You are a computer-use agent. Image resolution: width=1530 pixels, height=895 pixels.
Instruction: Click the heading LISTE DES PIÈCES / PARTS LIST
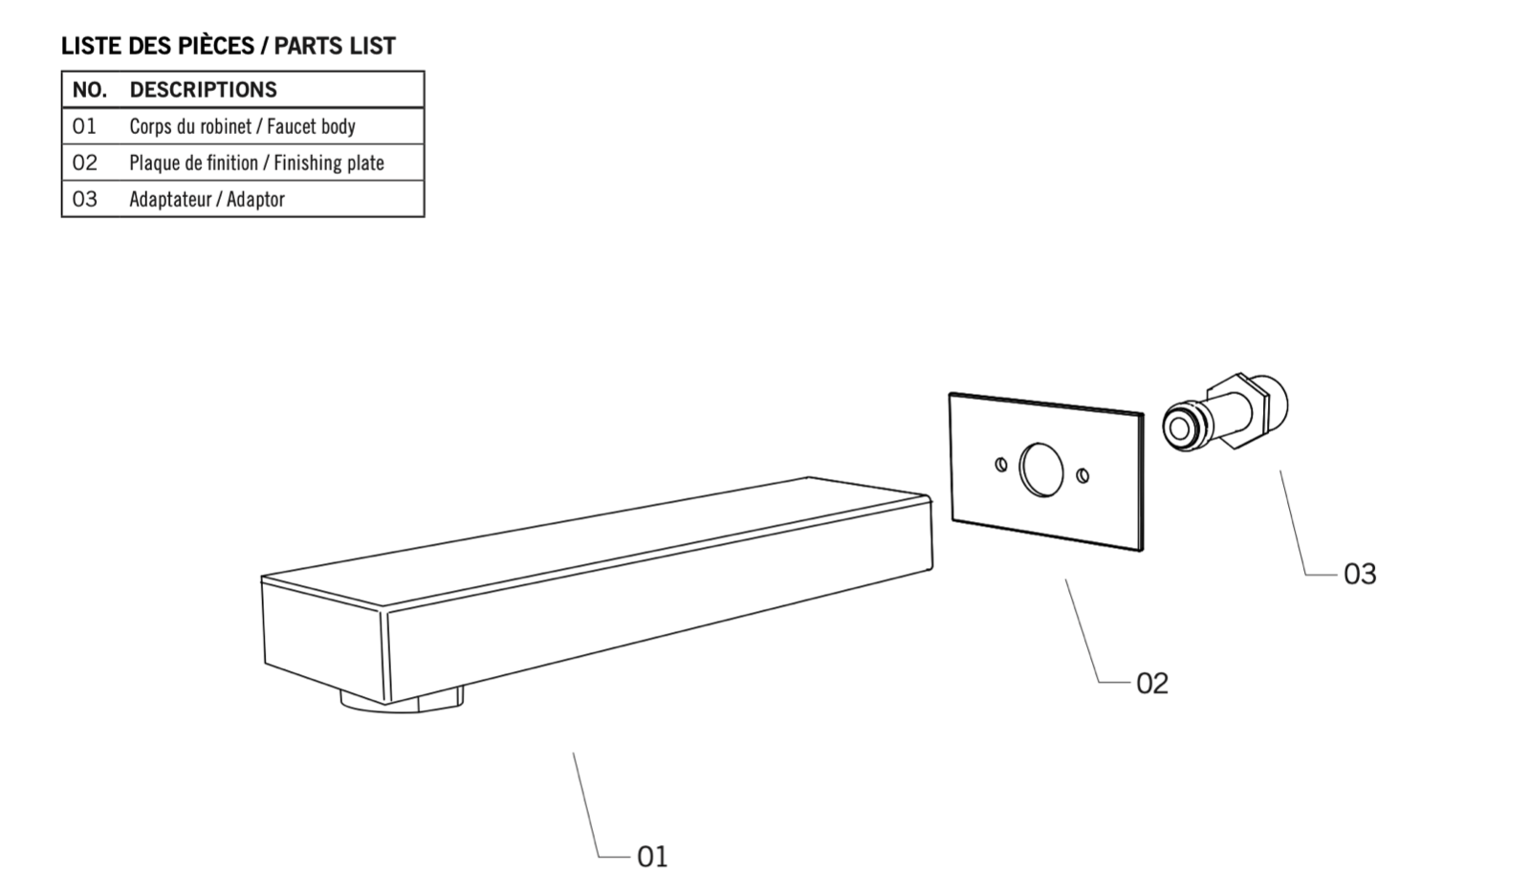coord(229,46)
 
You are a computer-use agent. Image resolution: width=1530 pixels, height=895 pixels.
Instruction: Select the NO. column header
coord(90,90)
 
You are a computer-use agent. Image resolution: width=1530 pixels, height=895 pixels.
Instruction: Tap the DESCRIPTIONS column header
coord(203,90)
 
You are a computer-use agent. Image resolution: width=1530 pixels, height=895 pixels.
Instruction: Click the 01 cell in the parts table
coord(84,126)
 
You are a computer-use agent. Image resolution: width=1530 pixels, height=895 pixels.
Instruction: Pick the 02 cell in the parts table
coord(85,163)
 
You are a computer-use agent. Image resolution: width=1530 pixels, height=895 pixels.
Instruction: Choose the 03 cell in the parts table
coord(85,200)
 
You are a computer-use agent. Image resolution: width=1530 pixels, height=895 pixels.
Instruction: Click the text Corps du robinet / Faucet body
coord(243,126)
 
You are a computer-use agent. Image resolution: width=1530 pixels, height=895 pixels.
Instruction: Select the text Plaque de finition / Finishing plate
coord(257,163)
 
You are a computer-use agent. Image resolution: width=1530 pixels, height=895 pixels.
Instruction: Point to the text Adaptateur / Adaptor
coord(207,200)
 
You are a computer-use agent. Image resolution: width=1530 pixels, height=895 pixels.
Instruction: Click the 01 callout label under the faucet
coord(652,857)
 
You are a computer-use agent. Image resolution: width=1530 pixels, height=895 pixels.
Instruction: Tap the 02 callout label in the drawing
coord(1152,684)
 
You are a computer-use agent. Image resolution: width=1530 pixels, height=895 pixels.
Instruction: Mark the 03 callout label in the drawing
coord(1360,575)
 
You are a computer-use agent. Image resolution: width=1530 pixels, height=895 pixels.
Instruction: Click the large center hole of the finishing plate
coord(1041,470)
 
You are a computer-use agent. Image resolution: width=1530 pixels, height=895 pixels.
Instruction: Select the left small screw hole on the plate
coord(1000,465)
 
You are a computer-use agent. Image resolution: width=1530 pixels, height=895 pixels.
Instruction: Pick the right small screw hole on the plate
coord(1082,475)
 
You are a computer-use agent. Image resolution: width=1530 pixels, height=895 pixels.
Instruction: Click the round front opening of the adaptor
coord(1180,428)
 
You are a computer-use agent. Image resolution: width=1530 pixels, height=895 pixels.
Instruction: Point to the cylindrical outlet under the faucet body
coord(402,701)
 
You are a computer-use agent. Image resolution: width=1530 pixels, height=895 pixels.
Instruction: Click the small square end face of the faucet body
coord(324,640)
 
